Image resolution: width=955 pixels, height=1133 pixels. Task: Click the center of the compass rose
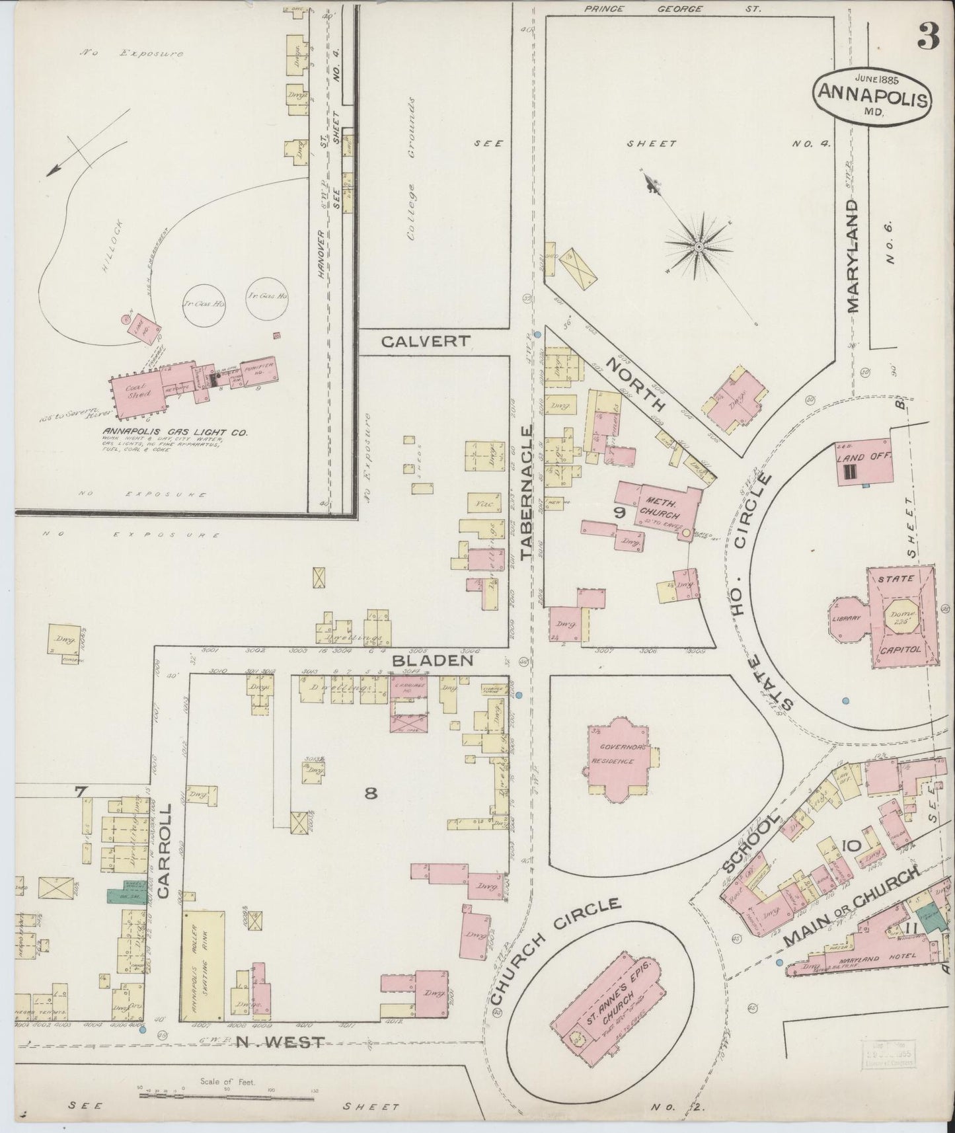click(699, 247)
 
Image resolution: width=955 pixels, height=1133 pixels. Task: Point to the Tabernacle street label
click(526, 493)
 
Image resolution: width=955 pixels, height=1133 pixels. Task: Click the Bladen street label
click(432, 660)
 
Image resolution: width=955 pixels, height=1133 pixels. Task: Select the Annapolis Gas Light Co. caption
click(174, 432)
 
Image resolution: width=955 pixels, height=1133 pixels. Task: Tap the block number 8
click(371, 793)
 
